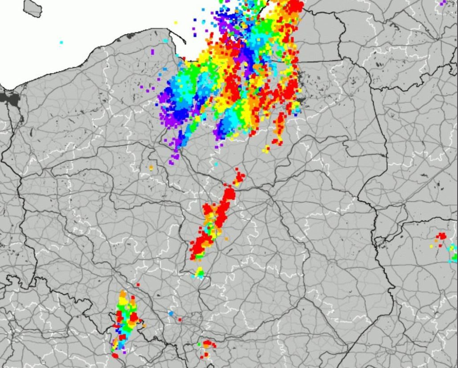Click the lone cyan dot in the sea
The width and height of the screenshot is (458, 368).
tap(61, 42)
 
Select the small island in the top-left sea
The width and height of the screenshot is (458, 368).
tap(32, 8)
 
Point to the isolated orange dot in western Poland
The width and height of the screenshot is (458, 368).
tap(151, 168)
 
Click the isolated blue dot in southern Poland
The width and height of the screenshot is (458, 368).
tap(171, 313)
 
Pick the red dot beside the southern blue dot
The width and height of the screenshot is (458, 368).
tap(180, 319)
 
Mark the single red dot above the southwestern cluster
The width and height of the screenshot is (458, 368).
tap(138, 284)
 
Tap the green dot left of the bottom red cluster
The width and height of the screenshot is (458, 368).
tap(199, 344)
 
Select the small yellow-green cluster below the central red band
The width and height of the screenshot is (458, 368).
tap(199, 272)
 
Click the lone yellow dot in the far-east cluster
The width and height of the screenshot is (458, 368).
tap(432, 246)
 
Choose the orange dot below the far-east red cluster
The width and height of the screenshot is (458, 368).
tap(436, 241)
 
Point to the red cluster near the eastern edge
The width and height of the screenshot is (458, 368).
tap(441, 236)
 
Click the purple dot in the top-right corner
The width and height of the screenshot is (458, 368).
tap(443, 3)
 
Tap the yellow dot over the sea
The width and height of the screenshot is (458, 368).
tap(176, 22)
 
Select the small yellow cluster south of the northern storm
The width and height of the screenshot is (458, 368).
tap(266, 150)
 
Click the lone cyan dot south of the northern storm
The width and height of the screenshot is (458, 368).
tap(216, 164)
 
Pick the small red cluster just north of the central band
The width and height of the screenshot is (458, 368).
tap(239, 177)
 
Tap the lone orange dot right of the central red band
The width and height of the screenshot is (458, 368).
tap(226, 239)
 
